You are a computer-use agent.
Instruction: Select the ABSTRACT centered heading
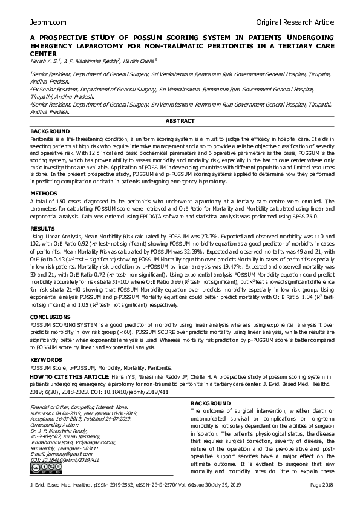[x=180, y=121]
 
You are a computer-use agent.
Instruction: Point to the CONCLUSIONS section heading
[x=51, y=316]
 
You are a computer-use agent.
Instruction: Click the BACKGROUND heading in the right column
[x=211, y=403]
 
